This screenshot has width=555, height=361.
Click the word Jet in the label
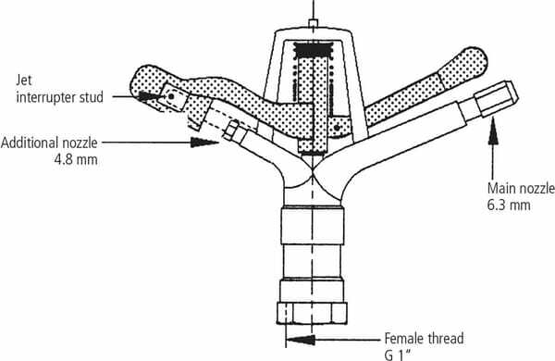click(24, 81)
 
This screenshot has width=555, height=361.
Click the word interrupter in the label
click(45, 97)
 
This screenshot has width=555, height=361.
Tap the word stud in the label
click(91, 97)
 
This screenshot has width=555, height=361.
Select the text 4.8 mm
click(76, 159)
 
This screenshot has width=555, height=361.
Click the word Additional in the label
click(30, 143)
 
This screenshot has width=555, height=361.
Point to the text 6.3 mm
click(509, 205)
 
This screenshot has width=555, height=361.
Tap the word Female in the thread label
click(404, 339)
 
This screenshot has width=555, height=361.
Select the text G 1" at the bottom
click(399, 355)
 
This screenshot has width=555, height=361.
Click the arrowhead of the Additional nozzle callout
click(204, 143)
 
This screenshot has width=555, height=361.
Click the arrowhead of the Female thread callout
click(300, 340)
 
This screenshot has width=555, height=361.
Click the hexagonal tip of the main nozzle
click(496, 98)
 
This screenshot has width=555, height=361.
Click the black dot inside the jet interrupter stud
click(171, 96)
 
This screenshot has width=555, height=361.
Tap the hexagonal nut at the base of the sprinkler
click(312, 313)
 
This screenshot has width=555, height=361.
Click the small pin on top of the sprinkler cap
click(314, 23)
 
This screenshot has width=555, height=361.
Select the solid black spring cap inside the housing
click(314, 50)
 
